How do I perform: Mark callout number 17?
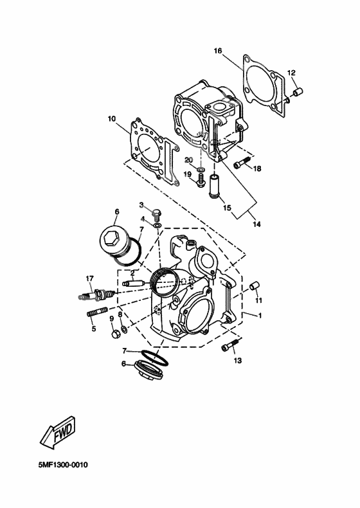pyautogui.click(x=90, y=278)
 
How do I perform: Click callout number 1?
pyautogui.click(x=260, y=316)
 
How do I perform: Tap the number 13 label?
pyautogui.click(x=237, y=361)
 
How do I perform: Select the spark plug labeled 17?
pyautogui.click(x=96, y=295)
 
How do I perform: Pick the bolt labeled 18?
pyautogui.click(x=242, y=165)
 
